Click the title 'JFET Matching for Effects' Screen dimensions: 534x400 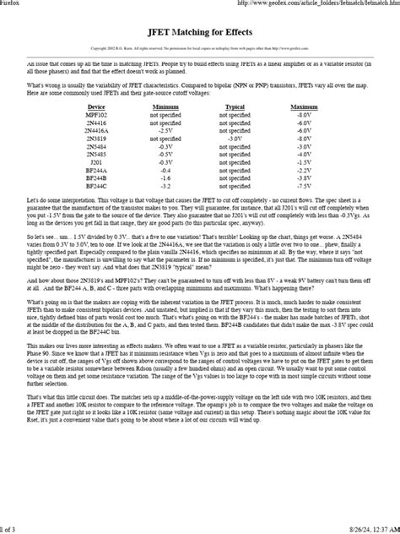(199, 29)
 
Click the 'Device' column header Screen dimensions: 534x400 (96, 108)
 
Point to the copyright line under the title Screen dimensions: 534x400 (199, 48)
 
